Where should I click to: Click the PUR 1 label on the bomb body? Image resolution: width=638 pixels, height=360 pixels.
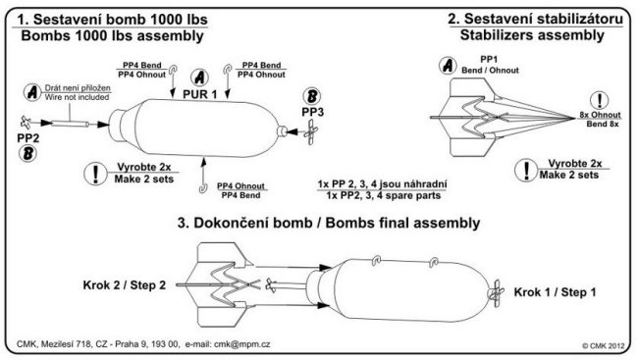pyautogui.click(x=200, y=94)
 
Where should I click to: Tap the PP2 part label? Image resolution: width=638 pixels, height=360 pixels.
pyautogui.click(x=28, y=138)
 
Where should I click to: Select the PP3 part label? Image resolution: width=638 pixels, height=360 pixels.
pyautogui.click(x=312, y=112)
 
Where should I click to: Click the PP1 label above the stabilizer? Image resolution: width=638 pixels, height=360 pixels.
pyautogui.click(x=489, y=60)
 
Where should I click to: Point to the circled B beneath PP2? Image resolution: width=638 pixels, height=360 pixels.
pyautogui.click(x=28, y=154)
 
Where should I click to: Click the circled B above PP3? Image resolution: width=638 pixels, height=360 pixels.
pyautogui.click(x=312, y=96)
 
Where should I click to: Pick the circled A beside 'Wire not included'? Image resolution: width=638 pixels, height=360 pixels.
pyautogui.click(x=32, y=92)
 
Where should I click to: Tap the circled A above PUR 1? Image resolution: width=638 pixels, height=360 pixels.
pyautogui.click(x=199, y=77)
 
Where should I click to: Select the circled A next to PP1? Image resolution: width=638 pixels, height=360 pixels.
pyautogui.click(x=448, y=65)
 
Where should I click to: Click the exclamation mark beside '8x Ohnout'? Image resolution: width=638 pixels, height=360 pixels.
pyautogui.click(x=600, y=100)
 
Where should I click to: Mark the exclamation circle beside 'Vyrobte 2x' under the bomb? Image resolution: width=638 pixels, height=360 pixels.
pyautogui.click(x=95, y=174)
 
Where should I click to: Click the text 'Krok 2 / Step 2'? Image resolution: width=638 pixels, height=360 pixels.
pyautogui.click(x=125, y=285)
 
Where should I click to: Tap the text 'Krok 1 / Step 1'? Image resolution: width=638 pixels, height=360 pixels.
pyautogui.click(x=555, y=292)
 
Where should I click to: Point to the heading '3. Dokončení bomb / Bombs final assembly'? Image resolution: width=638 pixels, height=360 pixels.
pyautogui.click(x=329, y=223)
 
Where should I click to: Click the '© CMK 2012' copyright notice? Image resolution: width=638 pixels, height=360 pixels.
pyautogui.click(x=603, y=346)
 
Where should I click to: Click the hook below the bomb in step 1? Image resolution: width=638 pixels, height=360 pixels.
pyautogui.click(x=202, y=188)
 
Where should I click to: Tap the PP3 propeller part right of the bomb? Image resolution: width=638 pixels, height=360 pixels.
pyautogui.click(x=311, y=132)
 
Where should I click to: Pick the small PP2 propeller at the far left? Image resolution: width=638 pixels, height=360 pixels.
pyautogui.click(x=26, y=122)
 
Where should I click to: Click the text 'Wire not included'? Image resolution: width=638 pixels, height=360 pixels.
pyautogui.click(x=77, y=97)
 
